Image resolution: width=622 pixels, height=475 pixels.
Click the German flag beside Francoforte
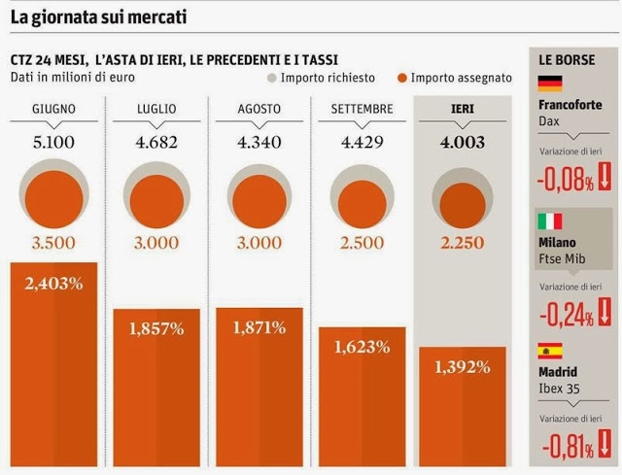tap(550, 83)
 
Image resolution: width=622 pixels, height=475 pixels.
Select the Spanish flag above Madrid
tap(550, 350)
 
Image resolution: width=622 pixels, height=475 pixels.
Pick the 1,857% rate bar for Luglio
tap(156, 389)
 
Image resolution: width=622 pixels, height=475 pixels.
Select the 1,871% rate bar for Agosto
tap(259, 389)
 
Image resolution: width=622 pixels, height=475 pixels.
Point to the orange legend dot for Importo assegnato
tap(401, 78)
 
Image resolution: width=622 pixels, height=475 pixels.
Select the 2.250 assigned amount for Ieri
tap(463, 243)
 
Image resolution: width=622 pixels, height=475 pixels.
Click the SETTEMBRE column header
tap(362, 109)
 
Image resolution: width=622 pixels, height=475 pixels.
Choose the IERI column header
tap(463, 109)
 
